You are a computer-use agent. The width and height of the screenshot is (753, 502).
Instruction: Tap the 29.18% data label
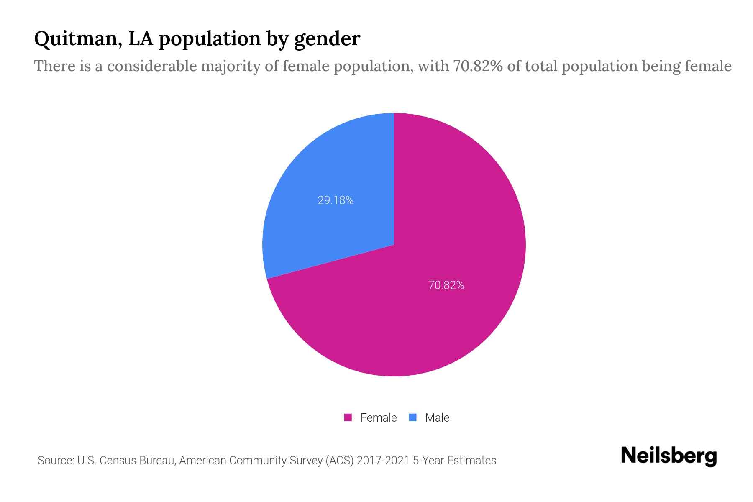[x=336, y=200]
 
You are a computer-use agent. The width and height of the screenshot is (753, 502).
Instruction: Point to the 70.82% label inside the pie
[x=446, y=285]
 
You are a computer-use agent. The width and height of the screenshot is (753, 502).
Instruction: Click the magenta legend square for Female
[x=348, y=417]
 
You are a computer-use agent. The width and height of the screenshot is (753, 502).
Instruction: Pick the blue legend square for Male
[x=412, y=417]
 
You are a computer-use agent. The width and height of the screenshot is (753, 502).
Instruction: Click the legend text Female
[x=378, y=417]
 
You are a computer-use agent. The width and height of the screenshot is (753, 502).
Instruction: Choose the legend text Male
[x=437, y=417]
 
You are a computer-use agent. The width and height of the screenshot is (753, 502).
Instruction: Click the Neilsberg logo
[x=668, y=456]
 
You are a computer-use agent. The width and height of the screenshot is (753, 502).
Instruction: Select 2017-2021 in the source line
[x=383, y=461]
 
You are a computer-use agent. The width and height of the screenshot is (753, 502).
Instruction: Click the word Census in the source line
[x=118, y=461]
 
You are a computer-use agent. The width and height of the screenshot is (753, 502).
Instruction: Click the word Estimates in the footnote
[x=471, y=461]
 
